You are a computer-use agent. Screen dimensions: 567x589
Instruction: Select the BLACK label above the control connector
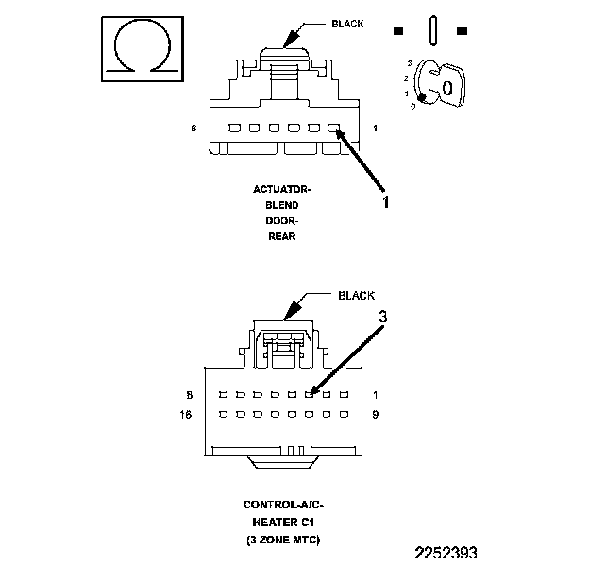click(356, 295)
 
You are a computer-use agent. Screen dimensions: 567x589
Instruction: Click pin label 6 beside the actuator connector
click(194, 128)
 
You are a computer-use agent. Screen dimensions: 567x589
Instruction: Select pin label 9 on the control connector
click(377, 414)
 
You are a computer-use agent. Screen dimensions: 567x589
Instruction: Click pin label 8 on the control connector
click(191, 393)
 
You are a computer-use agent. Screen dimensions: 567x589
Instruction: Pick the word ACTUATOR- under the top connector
click(281, 190)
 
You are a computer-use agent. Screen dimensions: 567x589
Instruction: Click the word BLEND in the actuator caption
click(280, 205)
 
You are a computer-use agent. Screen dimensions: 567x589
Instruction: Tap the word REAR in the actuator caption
click(280, 236)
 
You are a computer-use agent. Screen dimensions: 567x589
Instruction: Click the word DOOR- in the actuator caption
click(280, 221)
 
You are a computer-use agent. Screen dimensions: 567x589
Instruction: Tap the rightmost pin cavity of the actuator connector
click(333, 128)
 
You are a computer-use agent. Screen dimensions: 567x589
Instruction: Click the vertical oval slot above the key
click(431, 29)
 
